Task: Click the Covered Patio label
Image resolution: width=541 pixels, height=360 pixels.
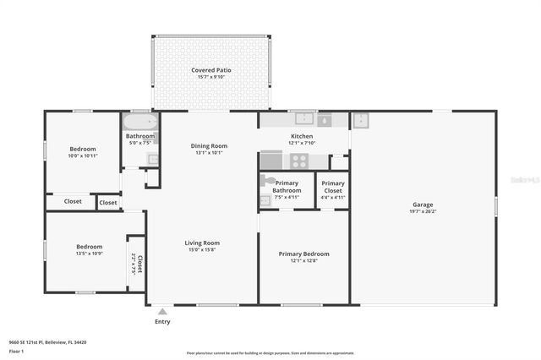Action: coord(210,70)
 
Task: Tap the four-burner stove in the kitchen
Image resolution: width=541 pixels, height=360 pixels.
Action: coord(299,160)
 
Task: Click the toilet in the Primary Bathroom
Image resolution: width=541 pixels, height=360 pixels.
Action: coord(268,181)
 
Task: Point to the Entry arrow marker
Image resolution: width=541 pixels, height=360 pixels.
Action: coord(162,312)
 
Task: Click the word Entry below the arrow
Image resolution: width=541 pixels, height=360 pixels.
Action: coord(162,322)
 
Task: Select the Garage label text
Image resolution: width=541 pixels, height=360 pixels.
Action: coord(423,204)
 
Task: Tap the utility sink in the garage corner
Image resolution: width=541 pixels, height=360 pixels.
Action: coord(361,121)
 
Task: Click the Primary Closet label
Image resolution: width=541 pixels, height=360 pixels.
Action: coord(333,187)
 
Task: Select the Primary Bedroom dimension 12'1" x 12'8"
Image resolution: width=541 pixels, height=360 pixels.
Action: coord(304,260)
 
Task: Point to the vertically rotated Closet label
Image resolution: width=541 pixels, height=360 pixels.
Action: coord(140,263)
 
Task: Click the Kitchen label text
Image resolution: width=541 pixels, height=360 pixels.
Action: coord(302,136)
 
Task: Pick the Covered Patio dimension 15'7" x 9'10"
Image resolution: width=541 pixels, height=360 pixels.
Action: coord(210,78)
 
